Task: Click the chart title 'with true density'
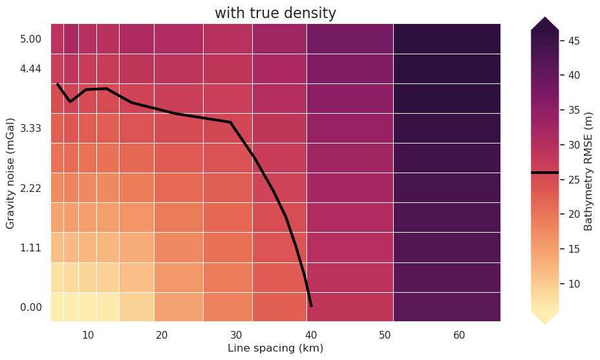tap(275, 14)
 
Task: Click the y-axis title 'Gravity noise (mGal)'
tap(10, 173)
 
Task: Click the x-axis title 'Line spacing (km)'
tap(275, 348)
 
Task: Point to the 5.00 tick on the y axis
tap(31, 39)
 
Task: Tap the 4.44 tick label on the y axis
tap(31, 69)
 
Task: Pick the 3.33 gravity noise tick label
tap(31, 129)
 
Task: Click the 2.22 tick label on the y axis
tap(31, 188)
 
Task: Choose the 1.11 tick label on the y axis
tap(31, 248)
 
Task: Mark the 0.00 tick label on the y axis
tap(31, 308)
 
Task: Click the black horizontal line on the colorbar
tap(544, 173)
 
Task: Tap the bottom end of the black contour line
tap(311, 306)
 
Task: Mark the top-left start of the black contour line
tap(58, 84)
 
